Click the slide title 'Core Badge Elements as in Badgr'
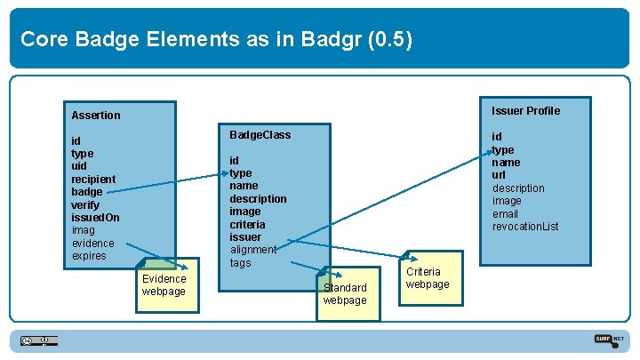(x=216, y=39)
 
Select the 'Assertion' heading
(x=96, y=116)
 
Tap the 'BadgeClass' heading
(x=260, y=135)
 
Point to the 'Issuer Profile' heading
(x=526, y=111)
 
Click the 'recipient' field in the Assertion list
(x=93, y=180)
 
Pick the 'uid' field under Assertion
(x=79, y=166)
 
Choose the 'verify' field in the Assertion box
(x=86, y=205)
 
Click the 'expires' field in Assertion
(x=89, y=256)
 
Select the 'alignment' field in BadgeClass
(x=253, y=250)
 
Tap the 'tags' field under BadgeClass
(x=241, y=263)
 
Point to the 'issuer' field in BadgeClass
(x=245, y=237)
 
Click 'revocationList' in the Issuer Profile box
(x=525, y=227)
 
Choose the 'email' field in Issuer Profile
(x=505, y=214)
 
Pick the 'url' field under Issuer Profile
(x=499, y=175)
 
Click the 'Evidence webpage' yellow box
(x=164, y=286)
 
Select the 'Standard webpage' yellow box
(x=345, y=294)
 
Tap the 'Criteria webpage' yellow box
(x=428, y=278)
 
